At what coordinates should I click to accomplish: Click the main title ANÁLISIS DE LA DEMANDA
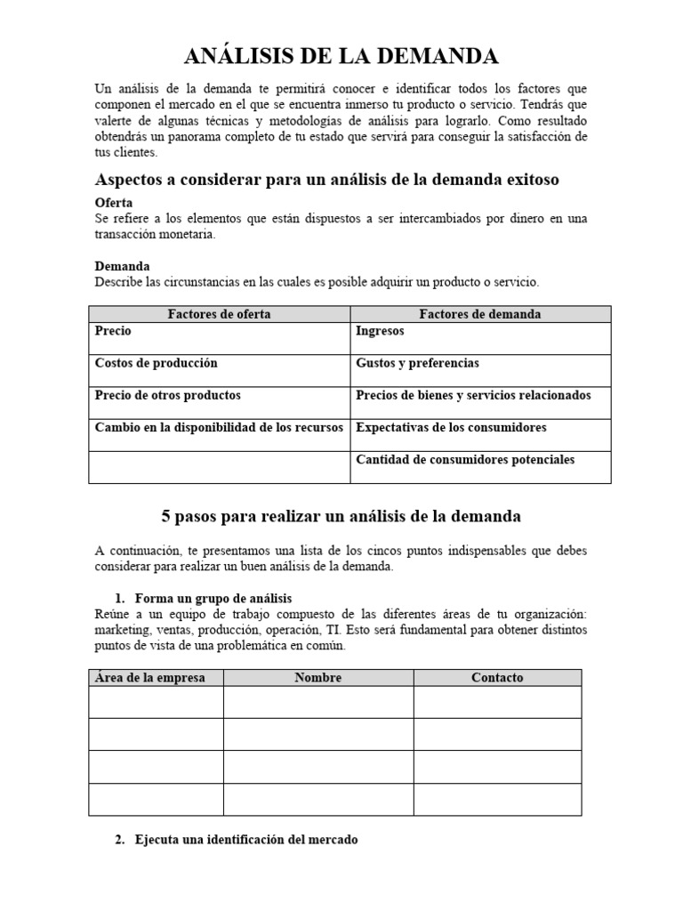341,57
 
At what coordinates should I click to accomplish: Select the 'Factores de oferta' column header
219,314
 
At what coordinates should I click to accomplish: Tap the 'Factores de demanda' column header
480,314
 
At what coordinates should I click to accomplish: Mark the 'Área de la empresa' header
149,677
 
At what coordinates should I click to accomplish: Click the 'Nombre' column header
317,677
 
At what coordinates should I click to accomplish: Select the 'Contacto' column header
497,677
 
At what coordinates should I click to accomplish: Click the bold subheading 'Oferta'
114,203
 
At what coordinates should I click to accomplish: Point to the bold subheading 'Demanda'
122,266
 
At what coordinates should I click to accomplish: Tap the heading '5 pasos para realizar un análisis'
341,516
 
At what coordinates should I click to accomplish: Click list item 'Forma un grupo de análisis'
213,598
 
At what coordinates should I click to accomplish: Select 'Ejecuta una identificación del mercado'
245,839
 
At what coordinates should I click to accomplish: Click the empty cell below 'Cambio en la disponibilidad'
219,467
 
